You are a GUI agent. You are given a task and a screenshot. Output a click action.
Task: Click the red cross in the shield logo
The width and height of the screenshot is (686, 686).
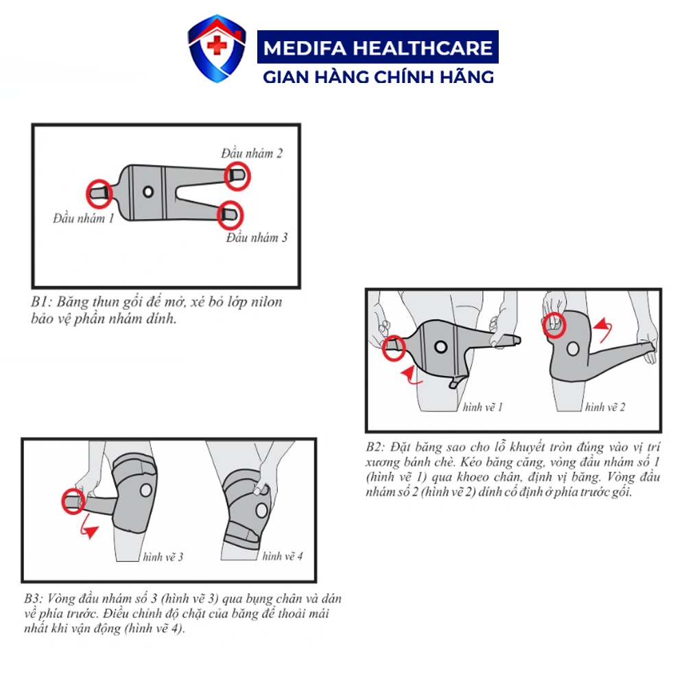point(217,45)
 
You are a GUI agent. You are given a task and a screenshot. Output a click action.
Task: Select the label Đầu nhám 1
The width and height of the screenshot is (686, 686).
point(83,218)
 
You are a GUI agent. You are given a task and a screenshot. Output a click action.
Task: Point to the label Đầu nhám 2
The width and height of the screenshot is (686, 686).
point(252,153)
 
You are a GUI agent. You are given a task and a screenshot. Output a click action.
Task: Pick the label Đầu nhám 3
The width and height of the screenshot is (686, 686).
point(257,237)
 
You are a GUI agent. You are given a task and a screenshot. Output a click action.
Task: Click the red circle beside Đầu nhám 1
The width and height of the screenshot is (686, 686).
point(99,193)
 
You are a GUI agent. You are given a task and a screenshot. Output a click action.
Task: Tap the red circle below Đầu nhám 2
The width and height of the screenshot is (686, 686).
point(237,176)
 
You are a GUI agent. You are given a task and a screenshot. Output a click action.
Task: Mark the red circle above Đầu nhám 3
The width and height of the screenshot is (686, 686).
point(230,215)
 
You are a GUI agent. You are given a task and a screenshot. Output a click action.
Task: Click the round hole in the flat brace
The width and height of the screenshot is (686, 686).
point(148,191)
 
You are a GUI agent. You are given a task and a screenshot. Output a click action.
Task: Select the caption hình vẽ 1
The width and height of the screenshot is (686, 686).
point(482,407)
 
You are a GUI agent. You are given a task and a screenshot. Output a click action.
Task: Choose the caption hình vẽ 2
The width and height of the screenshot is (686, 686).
point(605,407)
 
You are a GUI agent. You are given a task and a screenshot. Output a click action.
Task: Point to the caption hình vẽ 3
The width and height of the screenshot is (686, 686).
point(163,557)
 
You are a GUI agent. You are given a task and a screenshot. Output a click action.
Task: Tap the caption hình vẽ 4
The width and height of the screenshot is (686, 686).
point(283,556)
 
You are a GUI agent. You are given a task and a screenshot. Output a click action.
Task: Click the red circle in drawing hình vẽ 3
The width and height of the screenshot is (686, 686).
point(73,501)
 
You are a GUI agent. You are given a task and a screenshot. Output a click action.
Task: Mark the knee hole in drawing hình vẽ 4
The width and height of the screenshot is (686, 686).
point(261,510)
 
